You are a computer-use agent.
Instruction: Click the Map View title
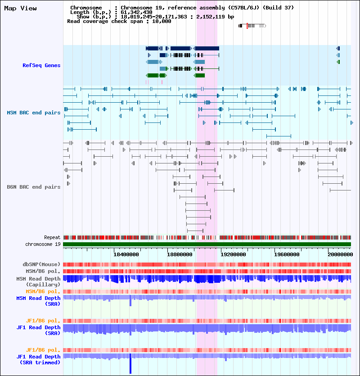20,8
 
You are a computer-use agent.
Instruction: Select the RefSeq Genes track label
41,65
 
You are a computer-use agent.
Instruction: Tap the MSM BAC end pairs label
33,113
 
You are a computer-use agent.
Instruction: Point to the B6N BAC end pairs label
33,187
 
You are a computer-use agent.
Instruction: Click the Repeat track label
52,237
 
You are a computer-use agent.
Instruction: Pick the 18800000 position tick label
179,254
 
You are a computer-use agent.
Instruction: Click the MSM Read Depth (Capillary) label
38,281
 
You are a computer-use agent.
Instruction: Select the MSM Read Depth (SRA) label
38,301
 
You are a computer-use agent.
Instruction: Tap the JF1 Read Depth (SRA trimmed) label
38,359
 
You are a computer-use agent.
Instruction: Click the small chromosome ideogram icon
252,26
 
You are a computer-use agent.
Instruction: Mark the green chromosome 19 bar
207,244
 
